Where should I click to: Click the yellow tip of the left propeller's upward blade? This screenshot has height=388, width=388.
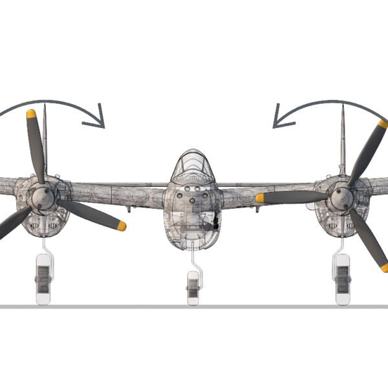point(31,114)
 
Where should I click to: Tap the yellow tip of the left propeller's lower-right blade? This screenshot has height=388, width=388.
point(121,226)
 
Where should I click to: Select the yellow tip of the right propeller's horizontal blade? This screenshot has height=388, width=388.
point(260,198)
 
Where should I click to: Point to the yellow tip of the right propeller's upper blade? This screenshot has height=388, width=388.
point(383,124)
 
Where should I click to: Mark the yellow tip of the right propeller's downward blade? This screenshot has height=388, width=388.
point(384,267)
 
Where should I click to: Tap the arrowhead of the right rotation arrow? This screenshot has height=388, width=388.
point(279,118)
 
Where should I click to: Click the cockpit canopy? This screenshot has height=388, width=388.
point(192,166)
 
